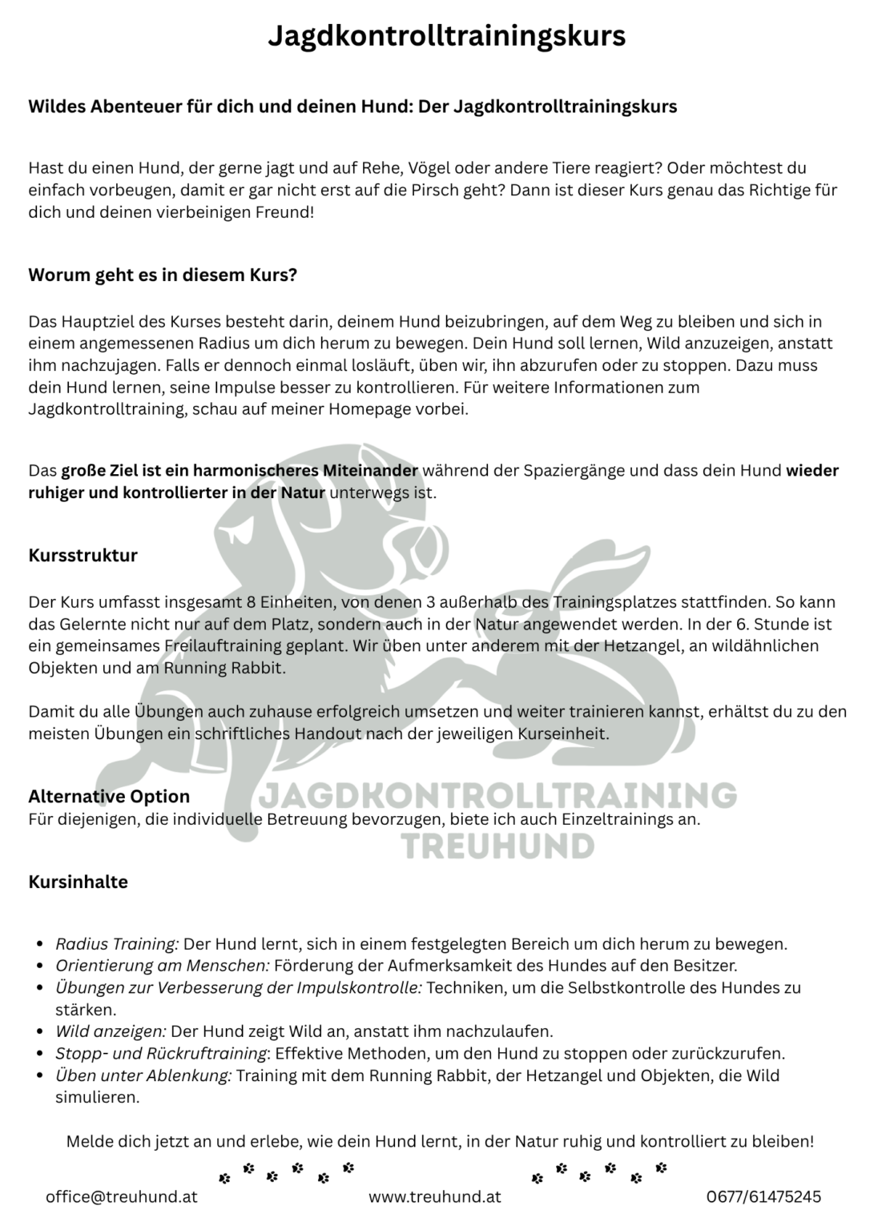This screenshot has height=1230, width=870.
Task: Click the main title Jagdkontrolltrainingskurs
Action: tap(446, 36)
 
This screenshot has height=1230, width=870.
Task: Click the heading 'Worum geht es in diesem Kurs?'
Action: tap(163, 275)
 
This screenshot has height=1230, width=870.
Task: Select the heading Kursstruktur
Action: tap(83, 555)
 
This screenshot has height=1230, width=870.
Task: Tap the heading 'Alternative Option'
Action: tap(109, 796)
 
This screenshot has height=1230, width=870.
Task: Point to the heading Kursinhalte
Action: tap(78, 882)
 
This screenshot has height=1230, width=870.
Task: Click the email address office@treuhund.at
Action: tap(121, 1197)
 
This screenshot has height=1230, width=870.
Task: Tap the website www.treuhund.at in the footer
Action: tap(434, 1197)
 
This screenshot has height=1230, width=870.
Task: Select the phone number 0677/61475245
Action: tap(763, 1197)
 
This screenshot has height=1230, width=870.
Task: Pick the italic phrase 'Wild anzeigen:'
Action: tap(111, 1031)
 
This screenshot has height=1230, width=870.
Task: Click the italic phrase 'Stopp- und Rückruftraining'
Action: tap(160, 1053)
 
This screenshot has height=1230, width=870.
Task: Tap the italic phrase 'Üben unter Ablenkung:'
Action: tap(143, 1075)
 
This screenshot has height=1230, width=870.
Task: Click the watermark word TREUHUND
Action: tap(497, 846)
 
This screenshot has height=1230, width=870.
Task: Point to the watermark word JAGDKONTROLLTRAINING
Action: tap(497, 795)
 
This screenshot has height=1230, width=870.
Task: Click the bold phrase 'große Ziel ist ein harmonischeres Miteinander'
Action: tap(240, 470)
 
